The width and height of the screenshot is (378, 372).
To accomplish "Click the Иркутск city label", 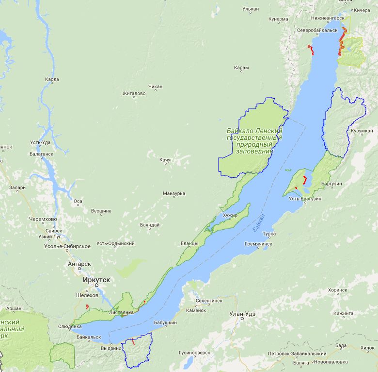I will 96,280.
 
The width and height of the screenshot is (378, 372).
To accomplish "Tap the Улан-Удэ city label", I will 246,314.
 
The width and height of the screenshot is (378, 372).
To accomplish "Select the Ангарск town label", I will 79,264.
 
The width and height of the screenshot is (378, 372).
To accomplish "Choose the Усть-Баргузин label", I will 305,199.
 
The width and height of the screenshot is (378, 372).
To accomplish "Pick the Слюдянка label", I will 66,326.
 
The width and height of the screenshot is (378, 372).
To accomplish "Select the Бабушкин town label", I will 166,322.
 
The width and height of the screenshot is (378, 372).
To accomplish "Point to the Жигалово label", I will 134,93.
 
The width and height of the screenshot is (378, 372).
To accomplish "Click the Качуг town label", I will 166,160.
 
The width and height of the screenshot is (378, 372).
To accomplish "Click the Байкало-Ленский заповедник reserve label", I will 254,141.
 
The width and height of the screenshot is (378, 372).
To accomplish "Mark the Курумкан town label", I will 362,131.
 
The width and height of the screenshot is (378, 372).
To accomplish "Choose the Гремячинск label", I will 258,243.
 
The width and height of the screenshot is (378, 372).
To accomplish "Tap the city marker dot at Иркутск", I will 96,285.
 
